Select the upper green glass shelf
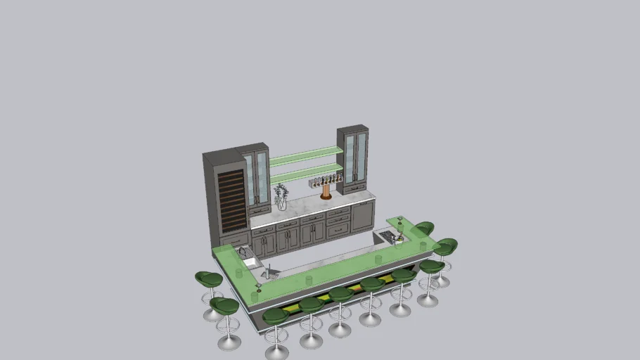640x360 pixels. (x=306, y=155)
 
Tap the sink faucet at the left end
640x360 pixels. (x=243, y=252)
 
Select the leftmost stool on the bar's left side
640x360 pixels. (x=209, y=280)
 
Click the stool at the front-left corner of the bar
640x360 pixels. (x=224, y=306)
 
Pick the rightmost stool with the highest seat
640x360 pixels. (x=446, y=247)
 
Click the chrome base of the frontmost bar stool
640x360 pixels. (x=276, y=352)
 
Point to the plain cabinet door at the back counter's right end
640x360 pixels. (x=363, y=216)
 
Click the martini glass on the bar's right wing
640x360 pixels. (x=400, y=221)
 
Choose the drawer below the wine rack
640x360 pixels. (x=235, y=240)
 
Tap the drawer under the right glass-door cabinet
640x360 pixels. (x=354, y=188)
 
